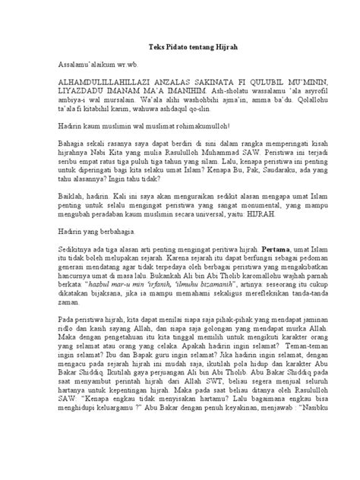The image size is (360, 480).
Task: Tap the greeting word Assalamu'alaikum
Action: pos(84,66)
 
